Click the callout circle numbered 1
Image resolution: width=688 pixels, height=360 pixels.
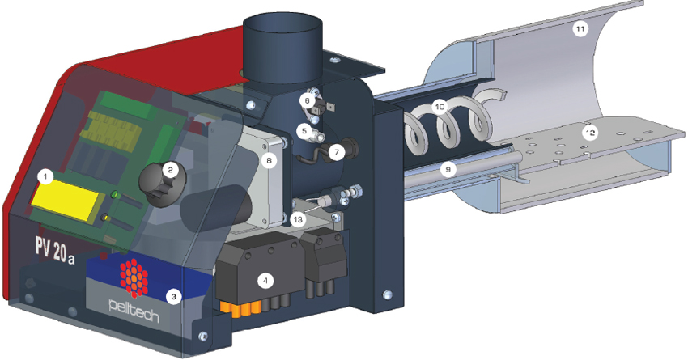click(x=45, y=177)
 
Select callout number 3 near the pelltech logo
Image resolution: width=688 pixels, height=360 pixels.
click(x=174, y=297)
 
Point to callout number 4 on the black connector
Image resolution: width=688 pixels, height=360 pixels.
click(x=265, y=281)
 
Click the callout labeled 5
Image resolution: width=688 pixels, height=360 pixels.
click(x=304, y=130)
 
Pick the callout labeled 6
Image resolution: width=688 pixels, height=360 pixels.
click(x=307, y=101)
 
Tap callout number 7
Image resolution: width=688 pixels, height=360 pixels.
click(x=337, y=152)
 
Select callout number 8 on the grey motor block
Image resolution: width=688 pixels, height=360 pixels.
click(x=269, y=160)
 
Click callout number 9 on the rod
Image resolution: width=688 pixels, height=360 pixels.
click(x=448, y=169)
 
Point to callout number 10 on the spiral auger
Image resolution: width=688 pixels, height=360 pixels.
click(x=440, y=107)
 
